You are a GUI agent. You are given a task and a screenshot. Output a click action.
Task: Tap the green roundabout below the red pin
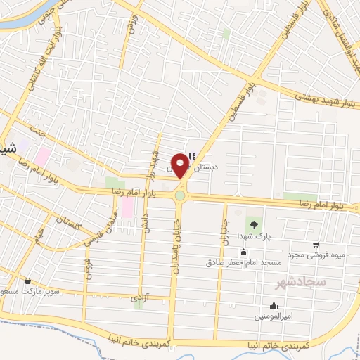tap(180, 196)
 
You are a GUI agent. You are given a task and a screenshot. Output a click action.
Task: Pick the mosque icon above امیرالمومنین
tap(274, 306)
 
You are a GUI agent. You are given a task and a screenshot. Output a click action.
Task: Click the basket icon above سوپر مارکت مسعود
tap(27, 280)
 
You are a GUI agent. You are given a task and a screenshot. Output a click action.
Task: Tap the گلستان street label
tap(72, 225)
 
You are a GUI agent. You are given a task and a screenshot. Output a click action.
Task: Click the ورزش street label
tap(130, 28)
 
